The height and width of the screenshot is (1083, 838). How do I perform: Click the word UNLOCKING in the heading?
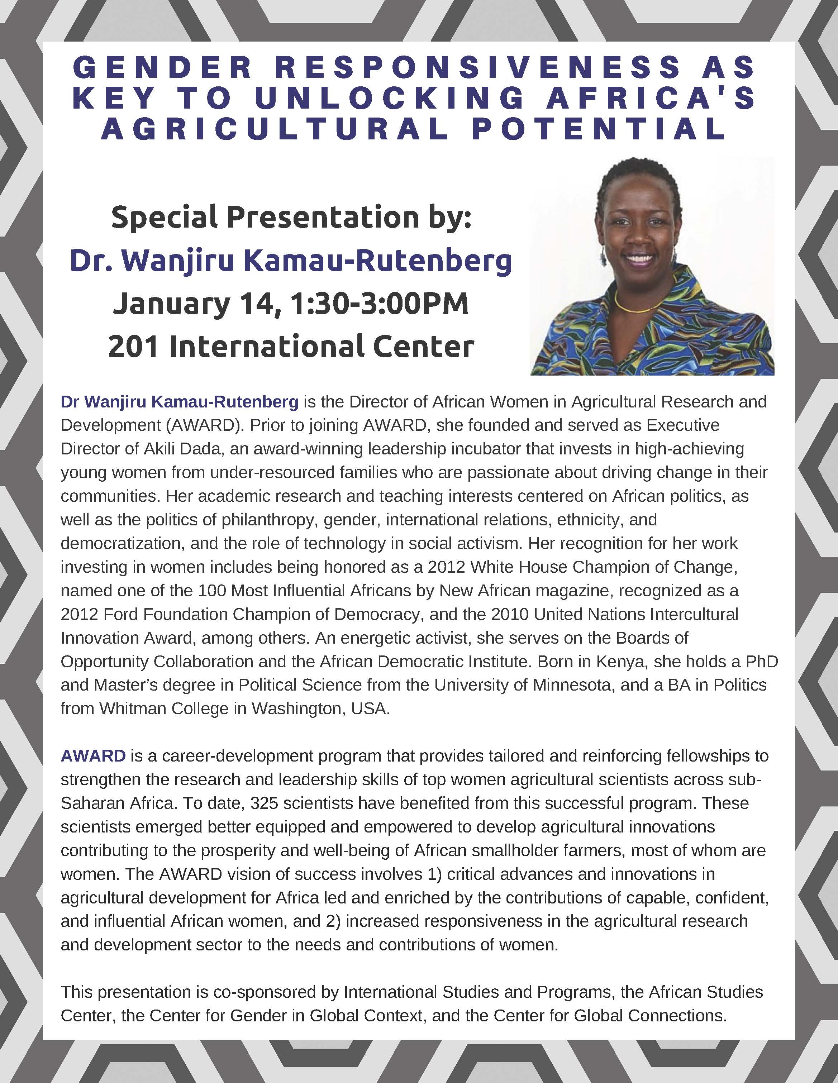pyautogui.click(x=389, y=98)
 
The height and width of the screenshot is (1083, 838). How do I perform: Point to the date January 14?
pyautogui.click(x=194, y=304)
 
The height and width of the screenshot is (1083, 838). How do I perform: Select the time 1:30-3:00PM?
pyautogui.click(x=379, y=304)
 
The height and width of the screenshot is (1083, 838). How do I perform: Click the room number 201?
pyautogui.click(x=133, y=346)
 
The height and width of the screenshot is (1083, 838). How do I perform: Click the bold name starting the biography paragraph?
pyautogui.click(x=180, y=401)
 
